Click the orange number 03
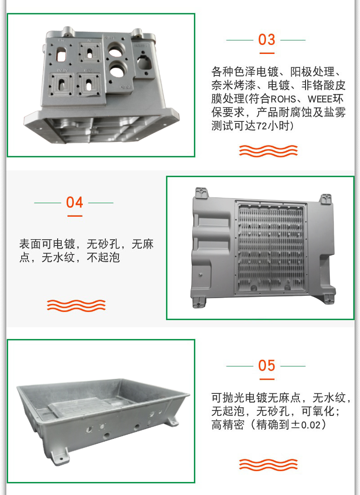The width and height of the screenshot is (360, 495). (x=266, y=40)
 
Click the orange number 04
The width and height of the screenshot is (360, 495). (x=74, y=202)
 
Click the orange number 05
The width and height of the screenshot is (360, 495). (x=266, y=366)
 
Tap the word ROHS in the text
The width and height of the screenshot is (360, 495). (x=283, y=99)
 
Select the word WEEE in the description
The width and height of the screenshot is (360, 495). (x=319, y=99)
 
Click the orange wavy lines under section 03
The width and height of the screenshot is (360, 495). (x=268, y=151)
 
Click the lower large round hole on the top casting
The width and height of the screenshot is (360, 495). (x=117, y=70)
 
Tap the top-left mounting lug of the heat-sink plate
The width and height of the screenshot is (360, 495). (x=201, y=192)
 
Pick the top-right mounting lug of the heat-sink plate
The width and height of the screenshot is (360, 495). (x=326, y=199)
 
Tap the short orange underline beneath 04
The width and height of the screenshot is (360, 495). (x=75, y=216)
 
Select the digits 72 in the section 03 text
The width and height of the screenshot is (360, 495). (x=261, y=126)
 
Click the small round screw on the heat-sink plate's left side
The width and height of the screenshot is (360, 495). (x=200, y=275)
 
